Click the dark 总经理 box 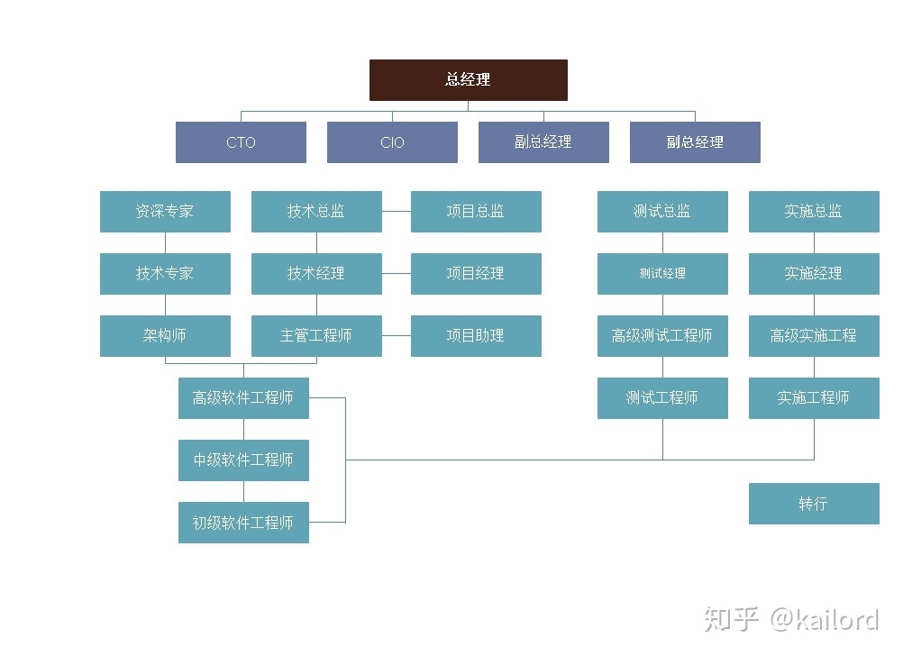pyautogui.click(x=469, y=79)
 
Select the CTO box pyautogui.click(x=241, y=142)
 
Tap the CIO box pyautogui.click(x=392, y=142)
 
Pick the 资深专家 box pyautogui.click(x=165, y=212)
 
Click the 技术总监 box pyautogui.click(x=316, y=212)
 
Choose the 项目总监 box pyautogui.click(x=476, y=212)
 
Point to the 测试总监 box pyautogui.click(x=662, y=212)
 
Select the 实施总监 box pyautogui.click(x=814, y=212)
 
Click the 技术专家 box pyautogui.click(x=165, y=274)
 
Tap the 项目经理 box pyautogui.click(x=476, y=274)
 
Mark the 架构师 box pyautogui.click(x=165, y=336)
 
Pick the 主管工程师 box pyautogui.click(x=316, y=336)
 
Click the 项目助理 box pyautogui.click(x=476, y=336)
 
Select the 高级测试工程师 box pyautogui.click(x=662, y=336)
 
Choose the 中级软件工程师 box pyautogui.click(x=243, y=460)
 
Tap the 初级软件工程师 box pyautogui.click(x=243, y=523)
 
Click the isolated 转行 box pyautogui.click(x=814, y=504)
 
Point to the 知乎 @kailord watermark pyautogui.click(x=790, y=620)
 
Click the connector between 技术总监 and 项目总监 pyautogui.click(x=397, y=212)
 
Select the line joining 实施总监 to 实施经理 pyautogui.click(x=814, y=242)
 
